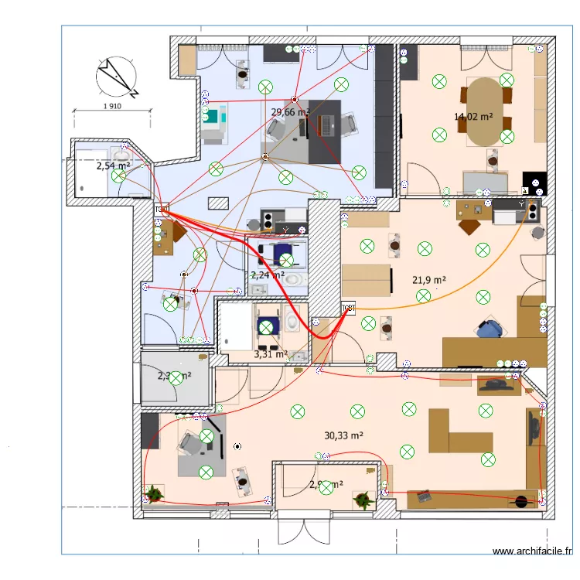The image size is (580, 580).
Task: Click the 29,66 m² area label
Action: (289, 112)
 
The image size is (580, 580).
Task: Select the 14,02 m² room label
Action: (473, 118)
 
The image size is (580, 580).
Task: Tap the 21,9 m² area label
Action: (430, 280)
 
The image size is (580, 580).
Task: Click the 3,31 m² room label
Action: (270, 354)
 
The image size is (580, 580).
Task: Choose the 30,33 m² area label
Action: (344, 435)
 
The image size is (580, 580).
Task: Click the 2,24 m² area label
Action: (268, 275)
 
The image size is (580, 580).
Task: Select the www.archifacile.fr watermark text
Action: (532, 551)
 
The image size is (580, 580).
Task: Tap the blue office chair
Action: (490, 329)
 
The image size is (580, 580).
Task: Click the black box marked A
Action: (535, 183)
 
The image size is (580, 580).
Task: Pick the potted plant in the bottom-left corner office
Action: (155, 493)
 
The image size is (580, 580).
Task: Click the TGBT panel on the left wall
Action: (162, 209)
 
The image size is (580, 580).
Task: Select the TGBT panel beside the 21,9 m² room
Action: (349, 309)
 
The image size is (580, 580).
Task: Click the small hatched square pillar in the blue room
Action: (219, 203)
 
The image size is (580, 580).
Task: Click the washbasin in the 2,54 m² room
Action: (120, 156)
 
